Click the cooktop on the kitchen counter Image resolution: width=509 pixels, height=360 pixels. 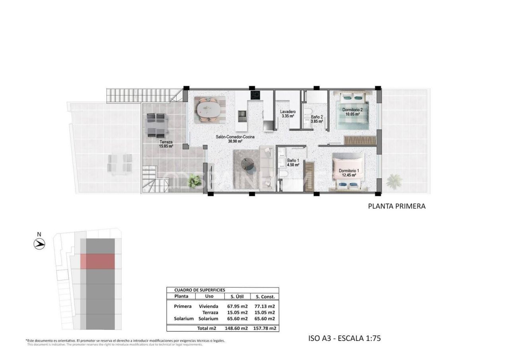tap(255, 95)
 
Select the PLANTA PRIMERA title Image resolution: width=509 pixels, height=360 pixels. tap(396, 206)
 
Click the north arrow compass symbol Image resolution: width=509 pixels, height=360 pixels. tap(39, 244)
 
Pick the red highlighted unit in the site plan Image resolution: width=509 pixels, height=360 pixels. tap(97, 261)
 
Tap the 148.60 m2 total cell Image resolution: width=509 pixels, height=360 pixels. tap(236, 328)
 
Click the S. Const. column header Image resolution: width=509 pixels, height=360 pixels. tap(265, 296)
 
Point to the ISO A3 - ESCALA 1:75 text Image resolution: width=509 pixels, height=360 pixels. tap(344, 339)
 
